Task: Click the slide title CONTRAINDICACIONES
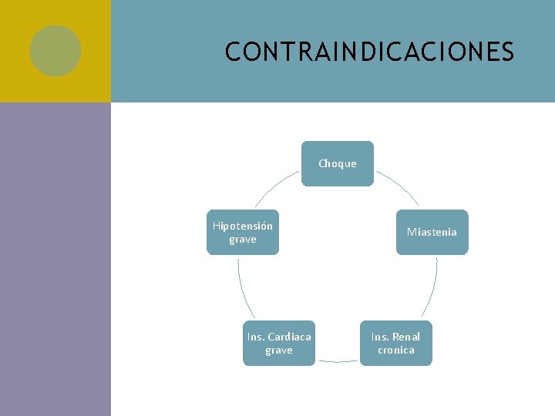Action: (369, 52)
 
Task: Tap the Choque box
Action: (337, 163)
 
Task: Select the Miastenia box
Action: (432, 232)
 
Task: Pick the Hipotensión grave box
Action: (242, 232)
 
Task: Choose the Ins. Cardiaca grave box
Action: (278, 343)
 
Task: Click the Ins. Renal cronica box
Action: (395, 343)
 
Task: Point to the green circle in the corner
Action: (55, 51)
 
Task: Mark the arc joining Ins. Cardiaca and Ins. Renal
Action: (338, 361)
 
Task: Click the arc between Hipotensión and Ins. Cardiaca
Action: (241, 287)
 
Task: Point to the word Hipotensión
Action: (242, 226)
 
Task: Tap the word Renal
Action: (405, 337)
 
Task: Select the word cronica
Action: (395, 350)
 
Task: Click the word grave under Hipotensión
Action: (242, 239)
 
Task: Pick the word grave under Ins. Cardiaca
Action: (278, 350)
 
